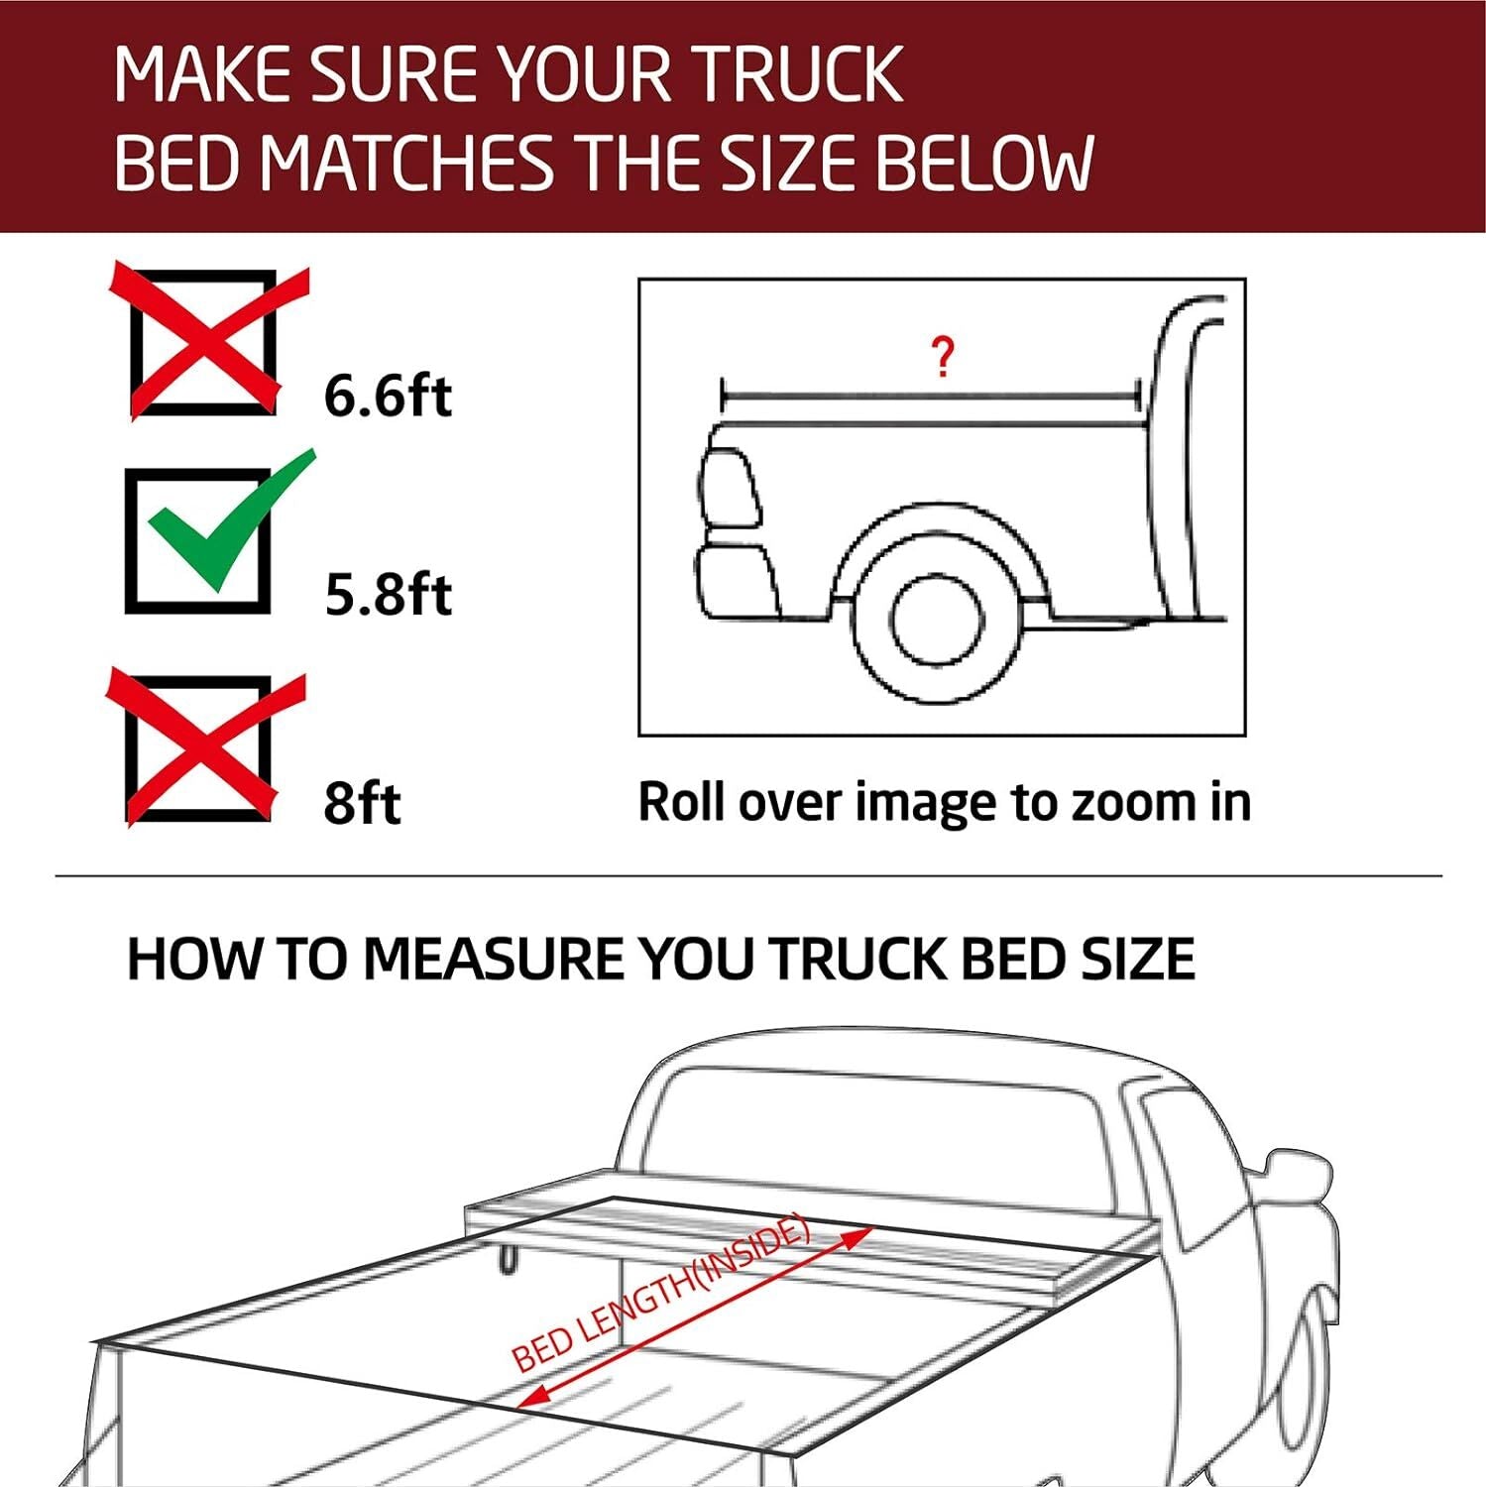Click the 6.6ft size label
(388, 396)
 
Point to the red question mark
(943, 357)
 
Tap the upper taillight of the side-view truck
(730, 488)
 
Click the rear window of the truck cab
(872, 1130)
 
